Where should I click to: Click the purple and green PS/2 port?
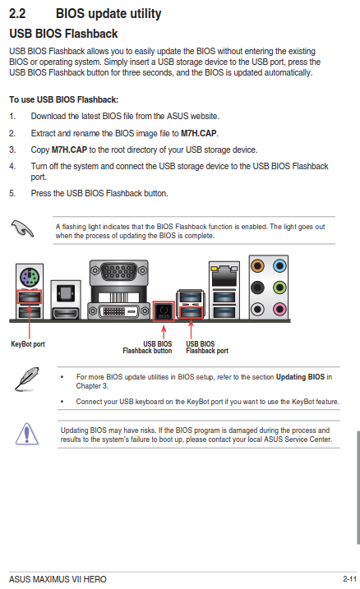[x=30, y=278]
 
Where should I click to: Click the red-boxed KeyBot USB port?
[x=30, y=297]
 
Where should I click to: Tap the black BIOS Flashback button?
[x=164, y=311]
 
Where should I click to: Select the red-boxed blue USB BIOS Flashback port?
[x=191, y=312]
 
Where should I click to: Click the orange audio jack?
[x=257, y=266]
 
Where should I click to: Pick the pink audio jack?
[x=279, y=309]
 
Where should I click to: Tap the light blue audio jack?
[x=279, y=266]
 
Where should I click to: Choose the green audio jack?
[x=279, y=288]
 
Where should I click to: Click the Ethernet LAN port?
[x=224, y=276]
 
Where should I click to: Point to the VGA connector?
[x=118, y=271]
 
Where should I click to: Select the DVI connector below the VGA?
[x=118, y=311]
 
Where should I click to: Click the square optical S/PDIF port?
[x=66, y=292]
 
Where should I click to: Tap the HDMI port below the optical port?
[x=66, y=312]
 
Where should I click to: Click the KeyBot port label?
[x=28, y=344]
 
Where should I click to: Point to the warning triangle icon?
[x=27, y=434]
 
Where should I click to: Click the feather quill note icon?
[x=27, y=379]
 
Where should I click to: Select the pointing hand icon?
[x=22, y=228]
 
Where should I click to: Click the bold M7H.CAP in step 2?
[x=198, y=133]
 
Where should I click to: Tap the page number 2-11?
[x=349, y=579]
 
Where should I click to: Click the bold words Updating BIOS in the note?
[x=300, y=377]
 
